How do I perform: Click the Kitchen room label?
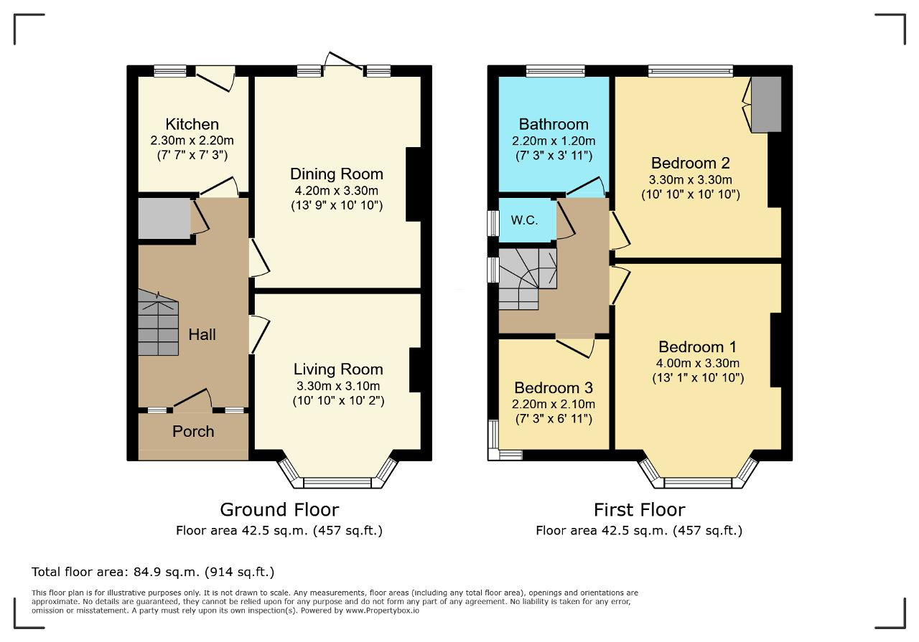tap(192, 124)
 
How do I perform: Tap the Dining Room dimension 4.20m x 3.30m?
tap(337, 191)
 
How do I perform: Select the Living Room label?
tap(338, 369)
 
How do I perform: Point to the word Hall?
tap(202, 334)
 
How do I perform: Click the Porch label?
tap(193, 431)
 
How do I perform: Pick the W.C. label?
tap(524, 220)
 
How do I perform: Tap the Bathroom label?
tap(554, 124)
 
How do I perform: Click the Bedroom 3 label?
tap(554, 388)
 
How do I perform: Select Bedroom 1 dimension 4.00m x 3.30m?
tap(697, 363)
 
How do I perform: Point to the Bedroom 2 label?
tap(691, 163)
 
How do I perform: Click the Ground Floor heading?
tap(279, 510)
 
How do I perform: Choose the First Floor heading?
tap(640, 510)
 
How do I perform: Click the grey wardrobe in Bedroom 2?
tap(766, 104)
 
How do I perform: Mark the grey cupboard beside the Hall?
tap(164, 218)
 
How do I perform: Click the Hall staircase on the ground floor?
tap(159, 322)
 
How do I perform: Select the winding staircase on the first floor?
tap(528, 279)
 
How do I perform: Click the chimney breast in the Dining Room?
tap(414, 184)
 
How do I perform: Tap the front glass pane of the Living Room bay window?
tap(337, 483)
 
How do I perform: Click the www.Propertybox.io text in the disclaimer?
tap(383, 610)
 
